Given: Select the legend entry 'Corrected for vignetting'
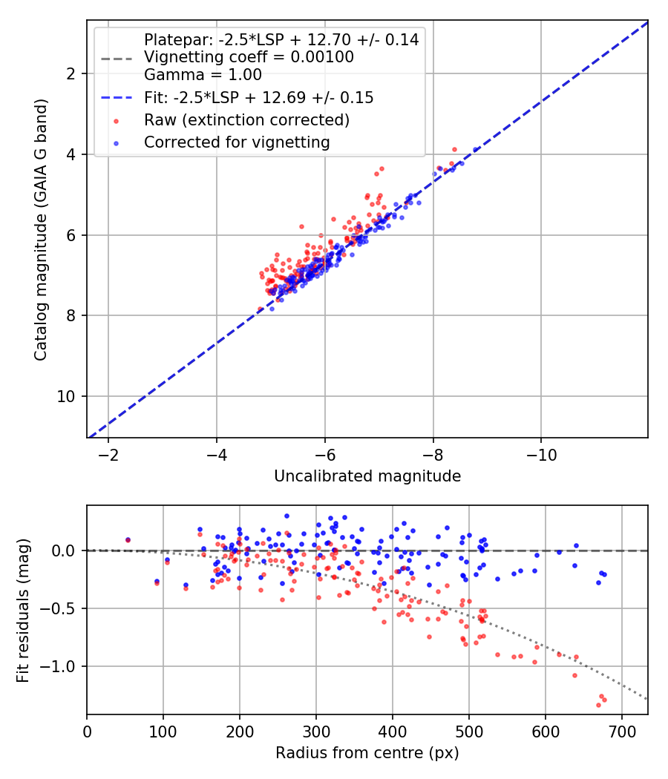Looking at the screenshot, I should [x=237, y=142].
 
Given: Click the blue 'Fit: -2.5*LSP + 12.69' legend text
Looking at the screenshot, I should [x=258, y=97].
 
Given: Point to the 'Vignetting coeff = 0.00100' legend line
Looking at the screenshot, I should [x=249, y=57].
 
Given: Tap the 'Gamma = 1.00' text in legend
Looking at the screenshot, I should [x=203, y=74].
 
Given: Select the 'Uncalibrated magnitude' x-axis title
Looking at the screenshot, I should [x=367, y=476].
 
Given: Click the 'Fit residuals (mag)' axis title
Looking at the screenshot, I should [x=23, y=610].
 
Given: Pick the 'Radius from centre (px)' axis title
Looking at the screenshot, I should [x=367, y=753].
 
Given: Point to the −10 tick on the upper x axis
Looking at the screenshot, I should [x=540, y=453].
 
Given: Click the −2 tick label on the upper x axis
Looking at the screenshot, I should [x=108, y=453].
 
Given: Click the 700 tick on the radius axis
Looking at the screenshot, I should [x=621, y=731].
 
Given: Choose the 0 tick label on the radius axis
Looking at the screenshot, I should [x=87, y=731].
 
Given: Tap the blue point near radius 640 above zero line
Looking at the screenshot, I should [x=576, y=545].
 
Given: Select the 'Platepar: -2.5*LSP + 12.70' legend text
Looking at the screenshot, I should [x=281, y=40].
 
